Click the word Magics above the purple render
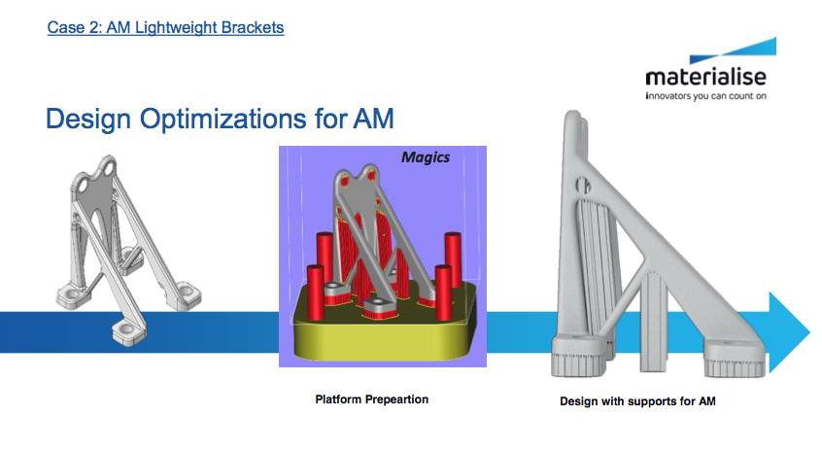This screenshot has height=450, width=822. coord(427,157)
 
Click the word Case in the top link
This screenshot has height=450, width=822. coord(64,27)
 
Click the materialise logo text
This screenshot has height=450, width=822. coord(709,78)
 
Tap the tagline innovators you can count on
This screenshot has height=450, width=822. coord(709,98)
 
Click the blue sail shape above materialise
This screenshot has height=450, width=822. coord(758,52)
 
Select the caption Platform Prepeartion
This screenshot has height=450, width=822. coord(371,399)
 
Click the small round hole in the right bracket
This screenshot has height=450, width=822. coord(579,181)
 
